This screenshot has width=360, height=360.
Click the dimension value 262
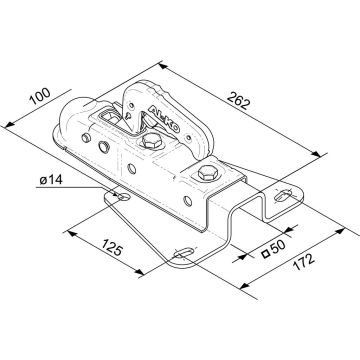click(238, 100)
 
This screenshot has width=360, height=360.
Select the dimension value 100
click(40, 96)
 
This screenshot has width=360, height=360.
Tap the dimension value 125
click(113, 248)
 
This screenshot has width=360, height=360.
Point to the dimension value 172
click(304, 262)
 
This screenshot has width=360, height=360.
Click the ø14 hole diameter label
click(51, 180)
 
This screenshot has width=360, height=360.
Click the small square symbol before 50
click(266, 255)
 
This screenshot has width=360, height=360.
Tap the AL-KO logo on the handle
click(164, 119)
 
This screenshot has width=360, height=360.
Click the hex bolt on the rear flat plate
click(208, 173)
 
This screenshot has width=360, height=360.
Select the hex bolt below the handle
click(152, 141)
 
